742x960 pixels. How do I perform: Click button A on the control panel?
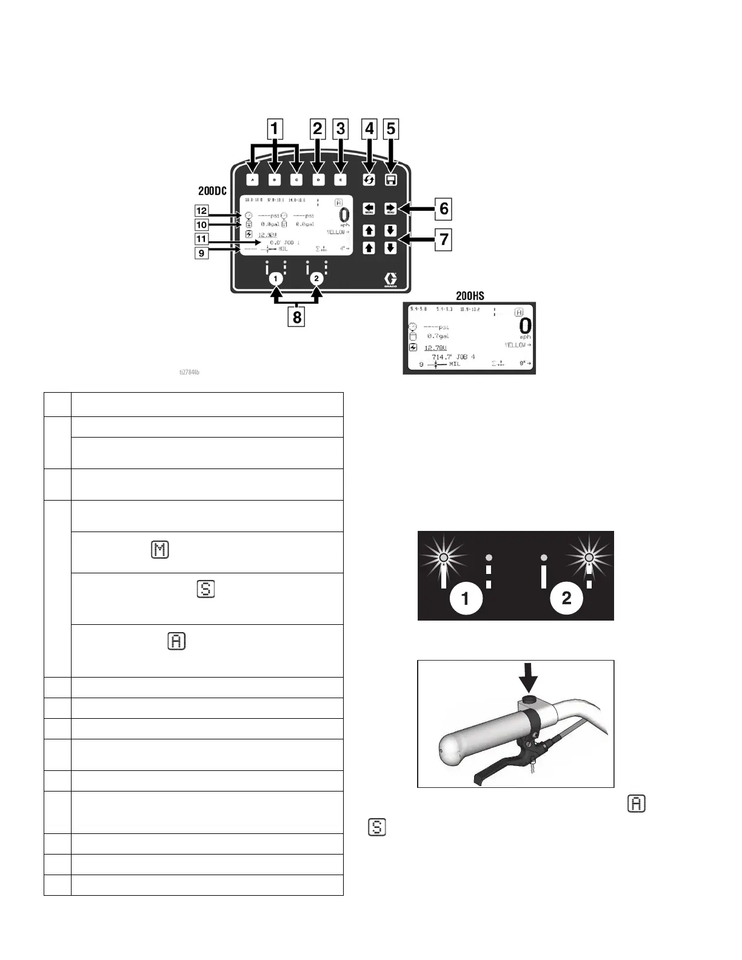coord(253,180)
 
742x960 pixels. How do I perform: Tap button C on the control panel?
coord(296,180)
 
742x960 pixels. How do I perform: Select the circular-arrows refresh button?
coord(369,180)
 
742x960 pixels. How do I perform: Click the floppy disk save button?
coord(391,180)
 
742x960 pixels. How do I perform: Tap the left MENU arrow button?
coord(369,209)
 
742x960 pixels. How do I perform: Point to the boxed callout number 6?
coord(444,208)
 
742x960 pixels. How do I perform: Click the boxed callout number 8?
coord(296,316)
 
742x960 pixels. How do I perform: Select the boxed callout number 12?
coord(201,211)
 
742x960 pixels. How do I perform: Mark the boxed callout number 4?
coord(369,128)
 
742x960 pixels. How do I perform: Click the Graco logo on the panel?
coord(390,281)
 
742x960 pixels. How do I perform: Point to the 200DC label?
coord(212,191)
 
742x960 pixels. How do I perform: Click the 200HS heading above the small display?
coord(470,296)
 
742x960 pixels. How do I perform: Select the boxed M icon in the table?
coord(159,550)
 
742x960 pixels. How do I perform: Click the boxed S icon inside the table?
coord(206,589)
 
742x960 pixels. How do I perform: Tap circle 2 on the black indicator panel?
coord(566,598)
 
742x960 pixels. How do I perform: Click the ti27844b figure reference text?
coord(189,372)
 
